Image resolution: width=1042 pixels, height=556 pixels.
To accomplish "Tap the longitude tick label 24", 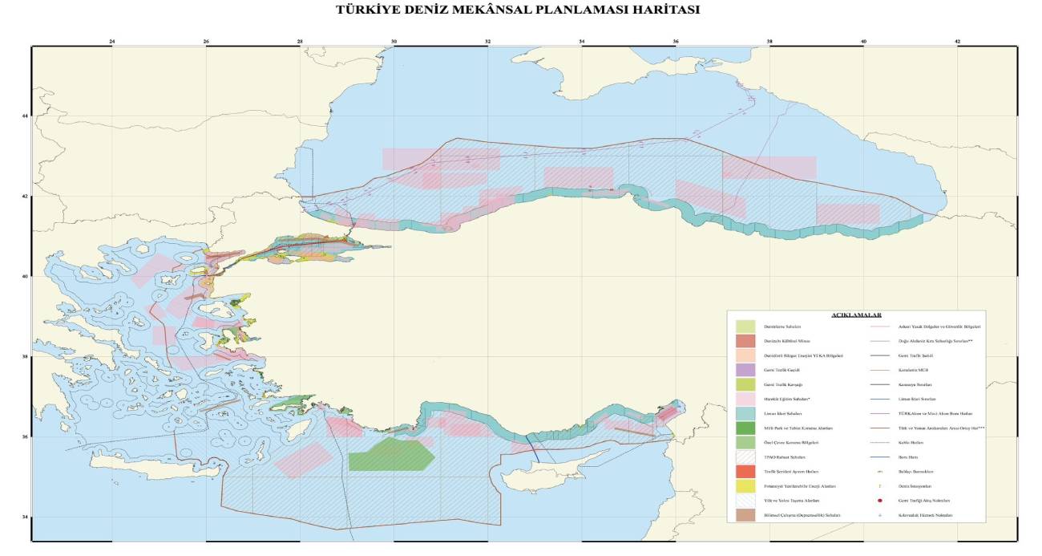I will [112, 41].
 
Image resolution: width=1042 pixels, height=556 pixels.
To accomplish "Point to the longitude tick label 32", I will [488, 41].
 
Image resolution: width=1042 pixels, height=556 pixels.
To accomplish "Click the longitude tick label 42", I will [958, 41].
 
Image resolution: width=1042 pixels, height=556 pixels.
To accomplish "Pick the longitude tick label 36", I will [676, 41].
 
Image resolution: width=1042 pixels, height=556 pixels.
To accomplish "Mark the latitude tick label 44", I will [25, 116].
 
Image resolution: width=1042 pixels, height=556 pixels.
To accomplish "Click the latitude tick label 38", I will [25, 356].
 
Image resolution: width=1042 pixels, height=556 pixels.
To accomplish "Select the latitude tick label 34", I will [25, 517].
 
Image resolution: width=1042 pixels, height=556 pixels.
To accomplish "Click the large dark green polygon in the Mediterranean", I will [390, 455].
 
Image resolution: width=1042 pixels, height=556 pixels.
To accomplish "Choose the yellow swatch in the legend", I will [745, 485].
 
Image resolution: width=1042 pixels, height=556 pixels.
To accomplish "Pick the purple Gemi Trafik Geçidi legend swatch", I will [745, 370].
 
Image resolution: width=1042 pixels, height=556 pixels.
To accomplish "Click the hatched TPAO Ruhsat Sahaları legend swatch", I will [745, 457].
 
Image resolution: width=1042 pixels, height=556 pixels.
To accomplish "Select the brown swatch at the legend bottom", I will [745, 514].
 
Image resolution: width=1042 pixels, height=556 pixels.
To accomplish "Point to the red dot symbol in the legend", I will [880, 500].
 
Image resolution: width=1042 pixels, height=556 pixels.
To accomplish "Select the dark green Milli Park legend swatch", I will [745, 428].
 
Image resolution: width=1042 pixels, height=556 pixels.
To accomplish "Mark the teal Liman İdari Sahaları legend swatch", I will [745, 413].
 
